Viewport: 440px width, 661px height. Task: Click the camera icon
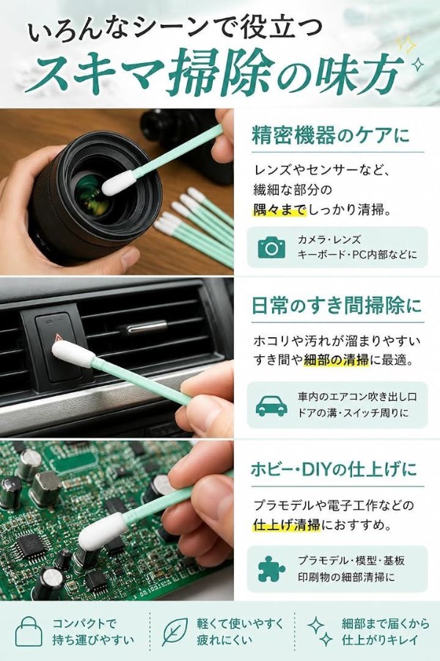click(271, 248)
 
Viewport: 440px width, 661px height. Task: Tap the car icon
click(271, 406)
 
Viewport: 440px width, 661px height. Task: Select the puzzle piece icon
click(271, 568)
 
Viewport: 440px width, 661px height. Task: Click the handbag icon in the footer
click(29, 631)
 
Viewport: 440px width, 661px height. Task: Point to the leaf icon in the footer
click(175, 632)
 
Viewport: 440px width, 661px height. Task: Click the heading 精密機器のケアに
click(331, 136)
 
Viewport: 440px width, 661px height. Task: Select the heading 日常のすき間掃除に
click(337, 306)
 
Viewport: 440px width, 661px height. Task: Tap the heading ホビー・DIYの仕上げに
click(334, 469)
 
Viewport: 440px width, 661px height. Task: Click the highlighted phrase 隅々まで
click(280, 209)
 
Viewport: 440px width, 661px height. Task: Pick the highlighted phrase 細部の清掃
click(336, 360)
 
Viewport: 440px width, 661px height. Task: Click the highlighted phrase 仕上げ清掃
click(287, 525)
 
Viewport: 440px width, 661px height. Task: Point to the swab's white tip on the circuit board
click(103, 531)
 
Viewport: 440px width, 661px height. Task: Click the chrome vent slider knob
click(147, 326)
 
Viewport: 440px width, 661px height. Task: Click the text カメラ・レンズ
click(329, 240)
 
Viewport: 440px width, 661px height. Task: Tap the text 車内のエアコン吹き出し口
click(357, 397)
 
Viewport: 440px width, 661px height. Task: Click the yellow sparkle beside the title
click(406, 44)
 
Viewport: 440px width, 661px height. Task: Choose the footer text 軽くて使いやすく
click(241, 624)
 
